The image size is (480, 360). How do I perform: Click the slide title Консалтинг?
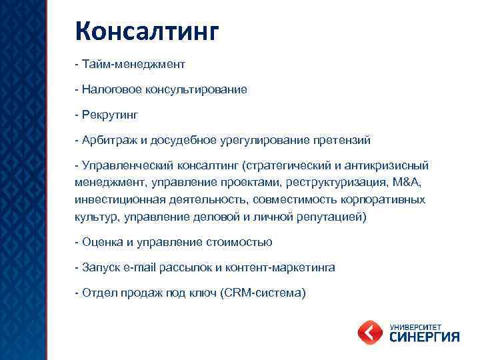coord(147,31)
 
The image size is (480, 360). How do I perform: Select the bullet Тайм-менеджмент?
coord(133,65)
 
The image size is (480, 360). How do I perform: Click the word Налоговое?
coord(110,89)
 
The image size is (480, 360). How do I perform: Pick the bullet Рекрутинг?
coord(110,115)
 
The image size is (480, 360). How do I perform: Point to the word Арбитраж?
coord(107,140)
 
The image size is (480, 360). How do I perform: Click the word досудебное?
coord(182,140)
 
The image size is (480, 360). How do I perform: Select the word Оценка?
coord(101,242)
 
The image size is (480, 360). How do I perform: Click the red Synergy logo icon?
coord(371,331)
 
